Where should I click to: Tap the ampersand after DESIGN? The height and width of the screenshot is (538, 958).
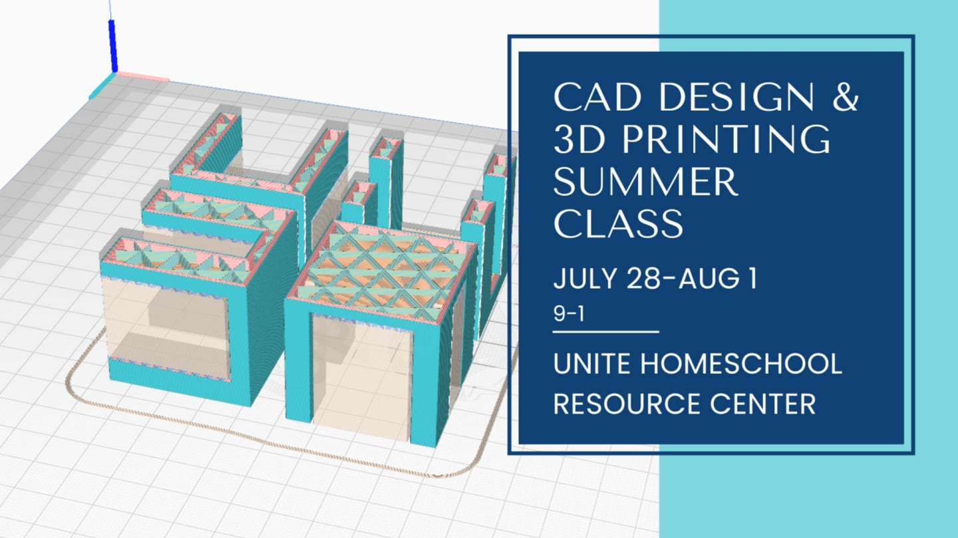pyautogui.click(x=845, y=97)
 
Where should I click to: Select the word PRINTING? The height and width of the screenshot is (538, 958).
pyautogui.click(x=726, y=139)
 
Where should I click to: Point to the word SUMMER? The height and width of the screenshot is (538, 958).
pyautogui.click(x=646, y=181)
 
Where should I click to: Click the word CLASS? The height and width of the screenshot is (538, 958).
pyautogui.click(x=619, y=223)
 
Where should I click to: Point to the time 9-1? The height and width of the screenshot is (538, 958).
pyautogui.click(x=569, y=313)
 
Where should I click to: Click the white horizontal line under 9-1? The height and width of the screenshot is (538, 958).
pyautogui.click(x=606, y=331)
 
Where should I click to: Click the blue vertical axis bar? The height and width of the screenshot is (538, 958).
pyautogui.click(x=113, y=46)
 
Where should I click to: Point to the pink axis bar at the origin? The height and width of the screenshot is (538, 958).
pyautogui.click(x=143, y=77)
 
